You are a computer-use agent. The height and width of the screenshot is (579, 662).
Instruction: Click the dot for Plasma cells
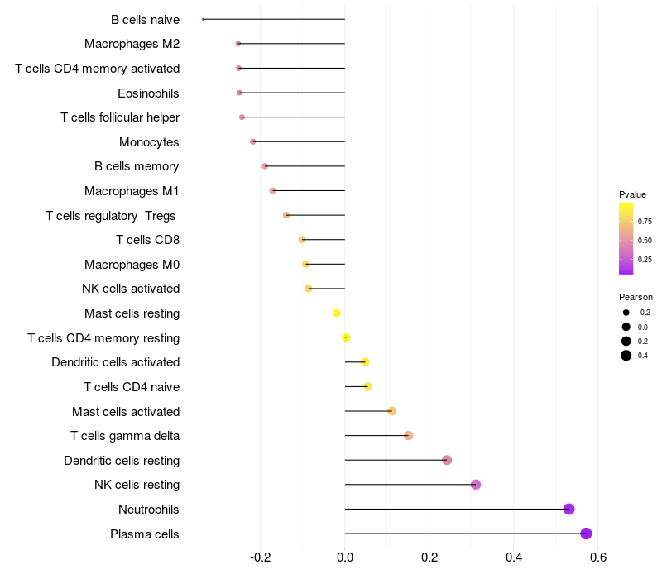pyautogui.click(x=586, y=534)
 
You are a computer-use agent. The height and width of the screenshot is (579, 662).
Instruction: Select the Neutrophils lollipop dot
pyautogui.click(x=568, y=509)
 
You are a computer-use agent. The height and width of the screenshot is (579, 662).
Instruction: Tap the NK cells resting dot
pyautogui.click(x=476, y=485)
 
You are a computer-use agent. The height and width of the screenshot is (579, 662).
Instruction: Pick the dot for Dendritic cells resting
pyautogui.click(x=447, y=460)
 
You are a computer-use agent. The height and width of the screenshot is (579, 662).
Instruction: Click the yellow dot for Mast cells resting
pyautogui.click(x=336, y=313)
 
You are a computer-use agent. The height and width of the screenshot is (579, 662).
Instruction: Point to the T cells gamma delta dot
pyautogui.click(x=408, y=435)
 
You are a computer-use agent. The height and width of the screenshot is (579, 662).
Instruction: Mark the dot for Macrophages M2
pyautogui.click(x=238, y=43)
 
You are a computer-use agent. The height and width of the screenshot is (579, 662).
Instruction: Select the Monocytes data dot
pyautogui.click(x=253, y=141)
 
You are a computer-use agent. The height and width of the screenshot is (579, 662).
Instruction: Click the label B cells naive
pyautogui.click(x=145, y=19)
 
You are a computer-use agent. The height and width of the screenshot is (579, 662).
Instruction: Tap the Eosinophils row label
pyautogui.click(x=148, y=93)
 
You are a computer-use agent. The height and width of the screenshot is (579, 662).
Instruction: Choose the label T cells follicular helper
pyautogui.click(x=120, y=117)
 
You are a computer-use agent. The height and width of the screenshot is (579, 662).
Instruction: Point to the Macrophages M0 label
pyautogui.click(x=132, y=265)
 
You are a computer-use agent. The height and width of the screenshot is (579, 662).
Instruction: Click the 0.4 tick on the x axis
pyautogui.click(x=513, y=557)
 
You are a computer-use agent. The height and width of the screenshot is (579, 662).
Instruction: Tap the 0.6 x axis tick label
pyautogui.click(x=597, y=557)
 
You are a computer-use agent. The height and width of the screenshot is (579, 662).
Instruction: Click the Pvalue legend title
pyautogui.click(x=632, y=194)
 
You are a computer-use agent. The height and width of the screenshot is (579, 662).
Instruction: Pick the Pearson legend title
pyautogui.click(x=636, y=297)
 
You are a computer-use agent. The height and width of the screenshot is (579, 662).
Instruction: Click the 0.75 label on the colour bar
pyautogui.click(x=645, y=222)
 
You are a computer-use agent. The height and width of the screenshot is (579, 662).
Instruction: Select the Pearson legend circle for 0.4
pyautogui.click(x=626, y=356)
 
